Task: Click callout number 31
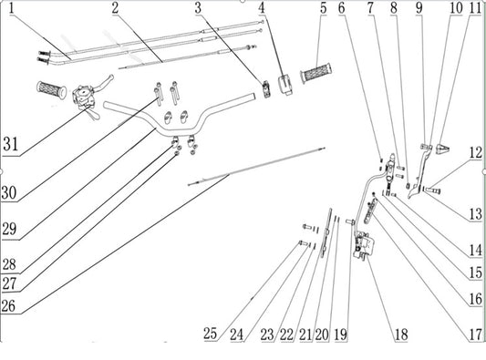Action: (11, 144)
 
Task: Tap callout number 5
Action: (324, 7)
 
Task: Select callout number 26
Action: (8, 306)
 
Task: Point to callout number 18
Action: (401, 334)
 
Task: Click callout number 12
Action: (476, 153)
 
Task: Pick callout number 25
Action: (210, 334)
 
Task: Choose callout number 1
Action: (12, 8)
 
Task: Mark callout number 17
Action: (476, 334)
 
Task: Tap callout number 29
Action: (9, 230)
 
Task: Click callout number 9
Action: (419, 7)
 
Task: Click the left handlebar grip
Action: (51, 90)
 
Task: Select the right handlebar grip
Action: (315, 73)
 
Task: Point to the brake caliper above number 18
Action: (363, 246)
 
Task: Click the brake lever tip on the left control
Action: (111, 77)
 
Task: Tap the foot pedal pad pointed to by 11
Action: (442, 149)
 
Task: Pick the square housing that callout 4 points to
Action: (285, 84)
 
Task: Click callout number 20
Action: (322, 334)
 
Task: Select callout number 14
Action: (476, 251)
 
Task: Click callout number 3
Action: (198, 7)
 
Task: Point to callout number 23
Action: (267, 334)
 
